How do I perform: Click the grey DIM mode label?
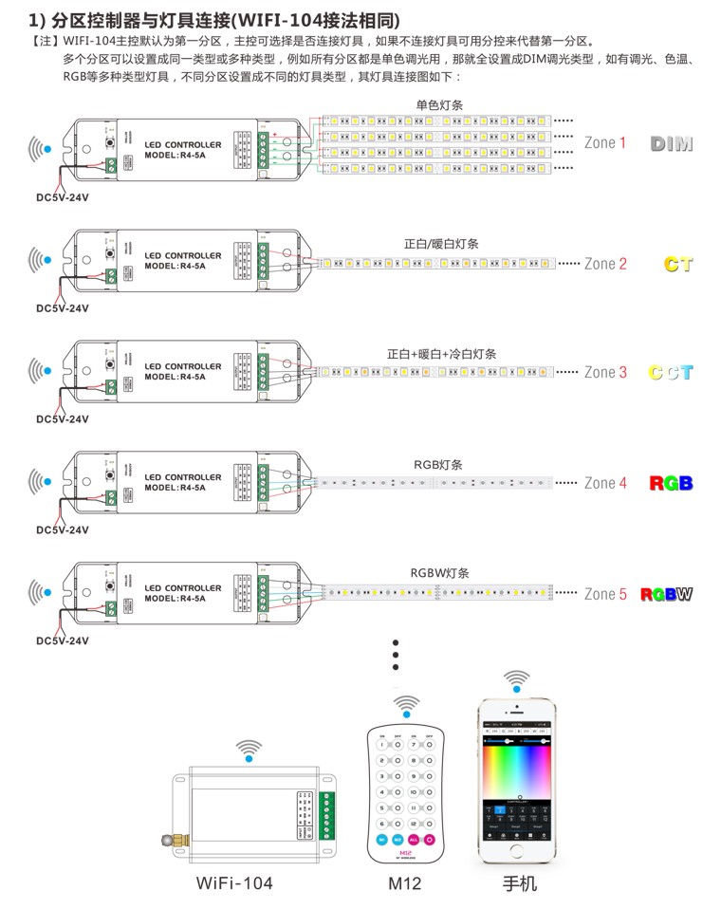coord(672,144)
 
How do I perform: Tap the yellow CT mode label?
coord(677,264)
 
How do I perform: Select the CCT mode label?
coord(670,373)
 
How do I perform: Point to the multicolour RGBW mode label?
coord(666,595)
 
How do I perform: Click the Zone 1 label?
coord(605,143)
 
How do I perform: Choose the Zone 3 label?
coord(605,373)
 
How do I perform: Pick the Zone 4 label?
coord(605,484)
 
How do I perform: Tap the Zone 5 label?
coord(605,595)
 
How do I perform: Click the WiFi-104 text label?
coord(234,883)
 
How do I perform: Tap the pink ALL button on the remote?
coord(414,840)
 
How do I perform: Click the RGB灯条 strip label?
coord(438,465)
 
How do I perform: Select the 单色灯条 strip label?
coord(439,104)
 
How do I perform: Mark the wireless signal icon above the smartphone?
coord(517,681)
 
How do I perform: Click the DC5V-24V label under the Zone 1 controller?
coord(63,197)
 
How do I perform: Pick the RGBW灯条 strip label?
coord(439,573)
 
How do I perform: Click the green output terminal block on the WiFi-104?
coord(327,815)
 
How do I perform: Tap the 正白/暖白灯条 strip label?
coord(441,244)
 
